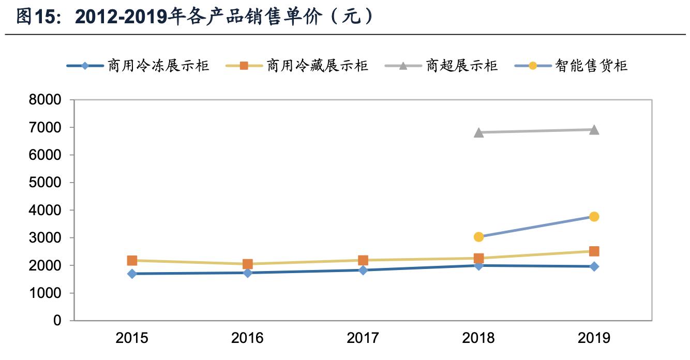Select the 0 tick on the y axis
tap(57, 321)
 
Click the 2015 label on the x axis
tap(132, 338)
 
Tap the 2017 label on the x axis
tap(363, 338)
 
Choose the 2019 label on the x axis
tap(594, 338)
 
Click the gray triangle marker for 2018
tap(478, 132)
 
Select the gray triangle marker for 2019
tap(594, 129)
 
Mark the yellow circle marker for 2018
tap(478, 237)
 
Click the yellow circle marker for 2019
tap(594, 217)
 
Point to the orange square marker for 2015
tap(132, 261)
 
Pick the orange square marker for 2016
tap(248, 264)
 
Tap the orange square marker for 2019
tap(594, 251)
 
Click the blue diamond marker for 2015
tap(132, 274)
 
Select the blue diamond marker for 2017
tap(363, 270)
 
